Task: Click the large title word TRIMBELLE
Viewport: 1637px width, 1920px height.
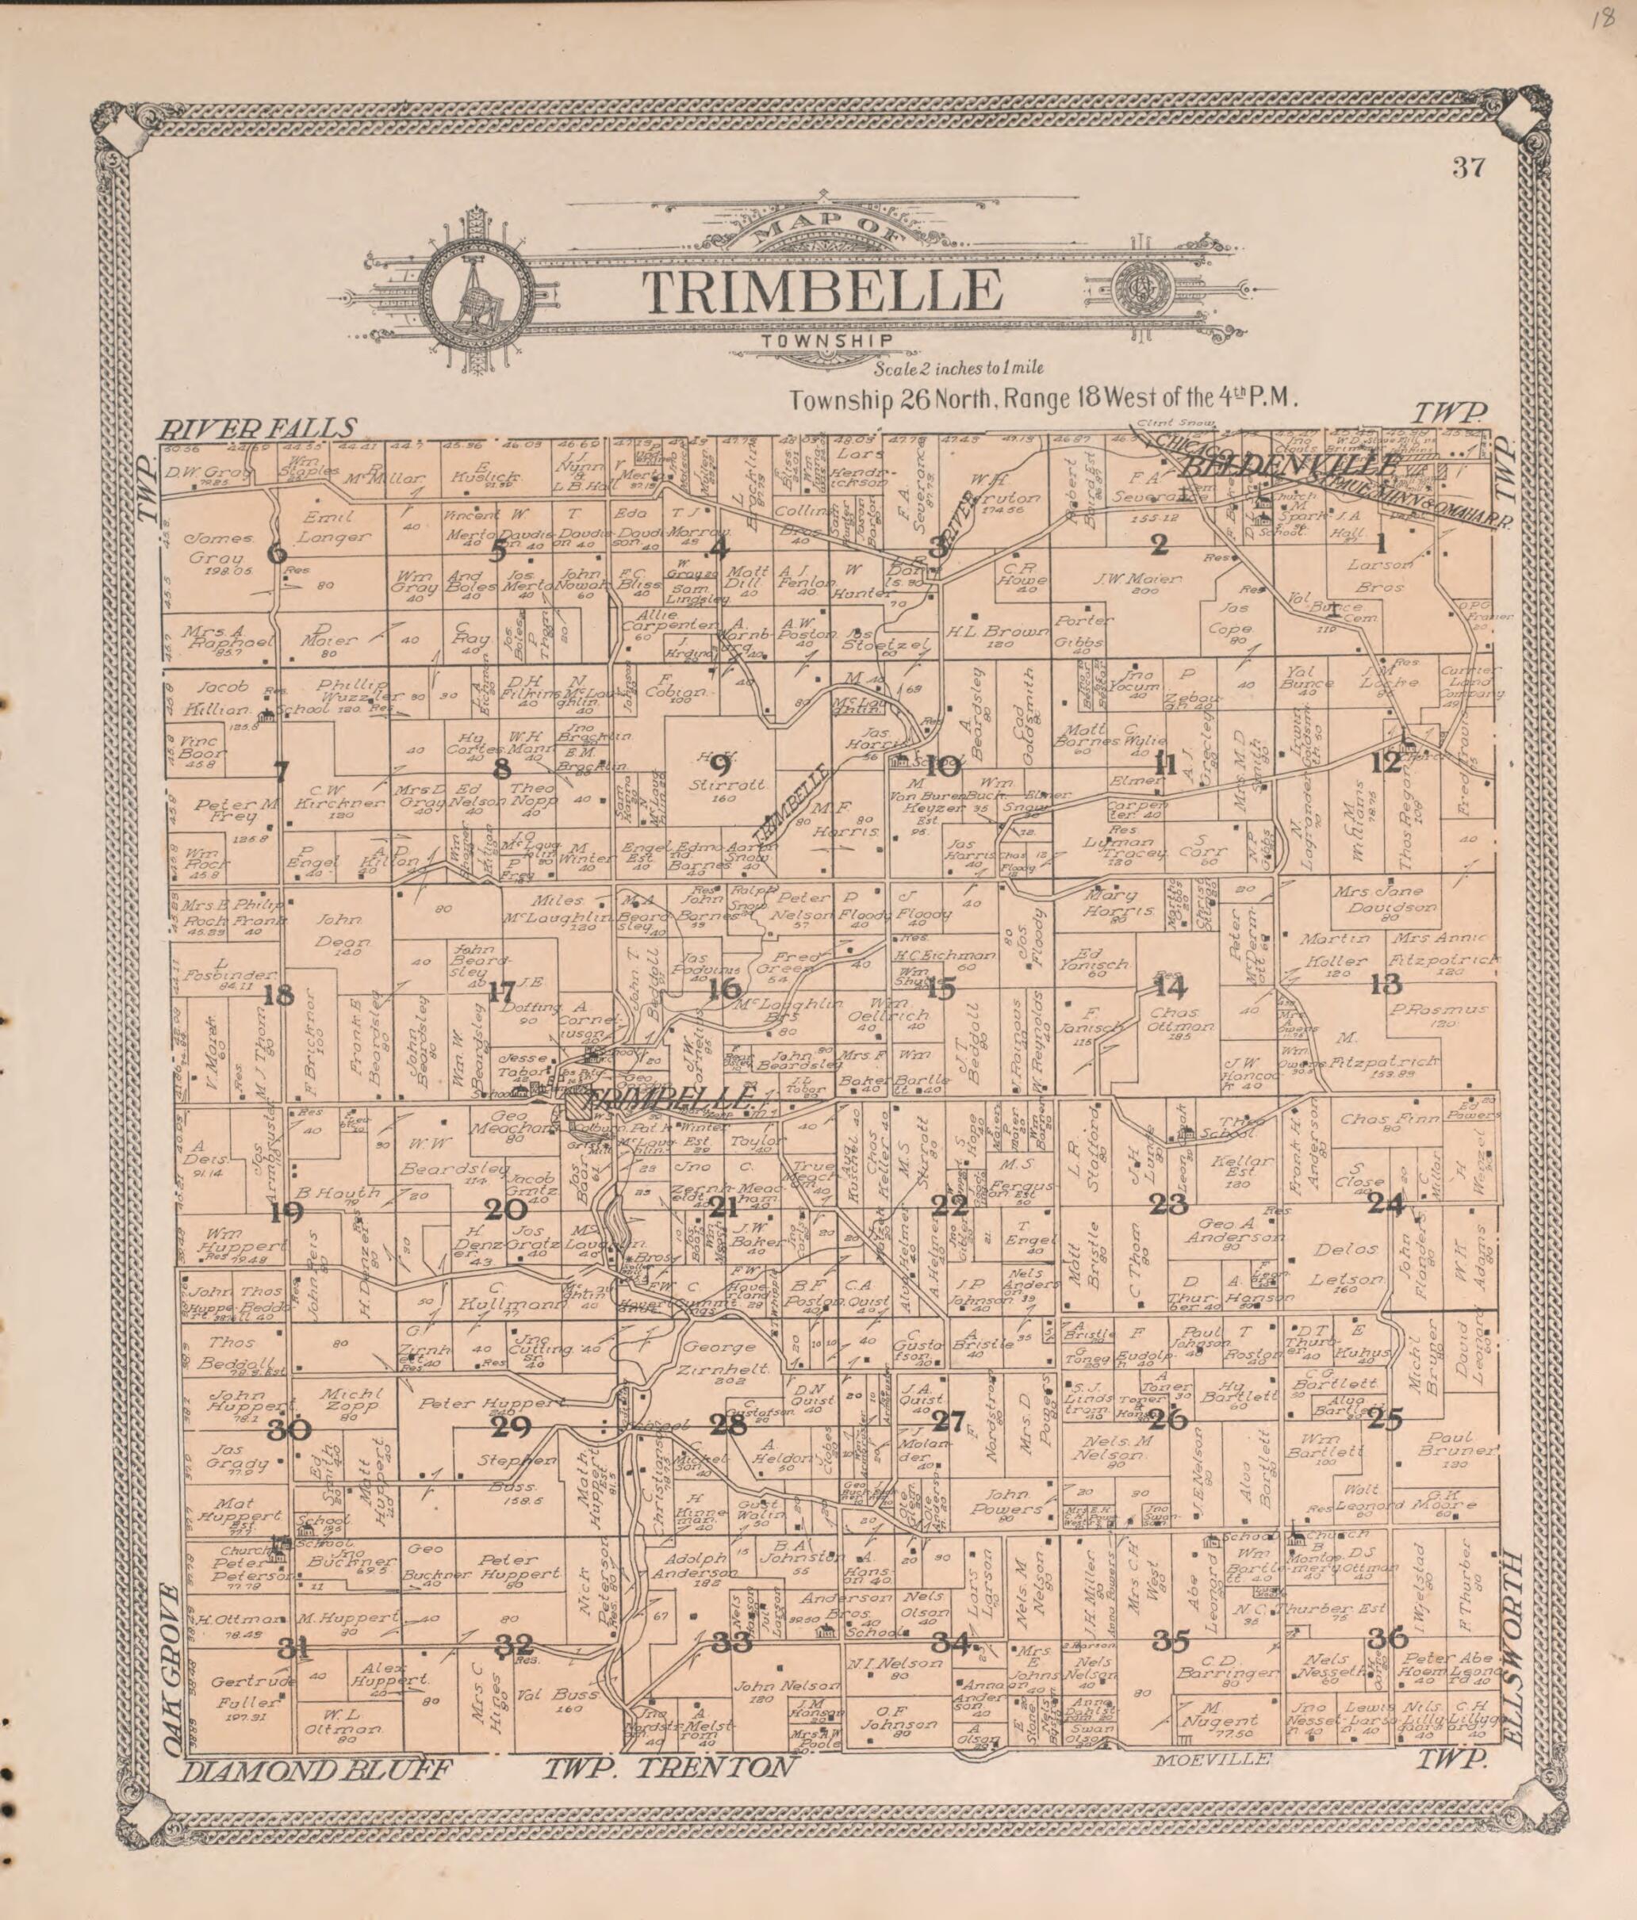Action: (823, 292)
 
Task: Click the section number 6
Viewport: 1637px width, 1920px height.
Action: (276, 554)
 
